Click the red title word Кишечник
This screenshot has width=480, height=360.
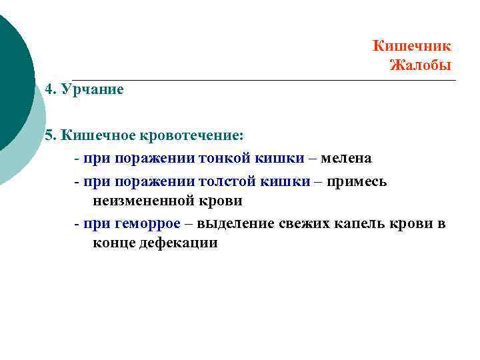pyautogui.click(x=411, y=46)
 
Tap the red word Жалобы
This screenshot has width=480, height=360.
pyautogui.click(x=420, y=65)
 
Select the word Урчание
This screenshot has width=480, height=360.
pyautogui.click(x=92, y=89)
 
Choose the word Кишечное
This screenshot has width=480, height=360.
pyautogui.click(x=97, y=135)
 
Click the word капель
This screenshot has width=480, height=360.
pyautogui.click(x=360, y=223)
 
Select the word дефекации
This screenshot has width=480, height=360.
pyautogui.click(x=178, y=243)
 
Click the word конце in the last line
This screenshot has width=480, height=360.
pyautogui.click(x=113, y=243)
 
